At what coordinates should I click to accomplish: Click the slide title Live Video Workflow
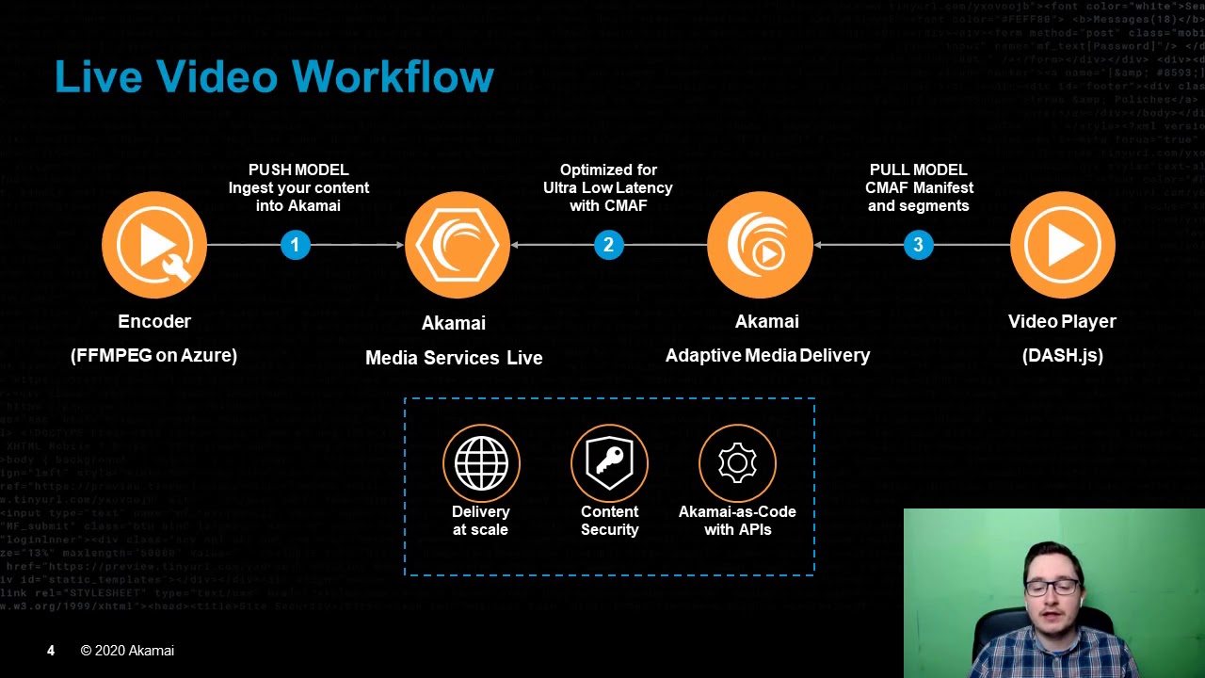point(274,77)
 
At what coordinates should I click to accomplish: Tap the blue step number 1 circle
point(295,245)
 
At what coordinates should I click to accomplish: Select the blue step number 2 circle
point(608,245)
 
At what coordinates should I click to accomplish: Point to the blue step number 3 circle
point(918,245)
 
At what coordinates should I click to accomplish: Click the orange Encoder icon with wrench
point(154,245)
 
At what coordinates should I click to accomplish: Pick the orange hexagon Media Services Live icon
point(458,245)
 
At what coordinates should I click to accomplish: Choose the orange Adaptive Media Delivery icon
point(760,245)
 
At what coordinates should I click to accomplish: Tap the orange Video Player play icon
point(1062,245)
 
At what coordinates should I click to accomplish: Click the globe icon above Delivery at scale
point(481,462)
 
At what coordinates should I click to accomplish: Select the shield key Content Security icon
point(609,462)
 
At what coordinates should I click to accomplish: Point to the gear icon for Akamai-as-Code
point(737,462)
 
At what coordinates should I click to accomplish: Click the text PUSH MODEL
point(298,169)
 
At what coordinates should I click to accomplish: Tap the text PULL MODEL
point(918,169)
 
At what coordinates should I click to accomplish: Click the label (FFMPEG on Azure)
point(153,356)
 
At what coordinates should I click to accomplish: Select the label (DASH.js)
point(1062,356)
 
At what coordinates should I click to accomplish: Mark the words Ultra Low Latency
point(607,187)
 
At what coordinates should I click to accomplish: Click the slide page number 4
point(51,651)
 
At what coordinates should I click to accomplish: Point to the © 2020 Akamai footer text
point(127,651)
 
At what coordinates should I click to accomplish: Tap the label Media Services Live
point(454,358)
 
